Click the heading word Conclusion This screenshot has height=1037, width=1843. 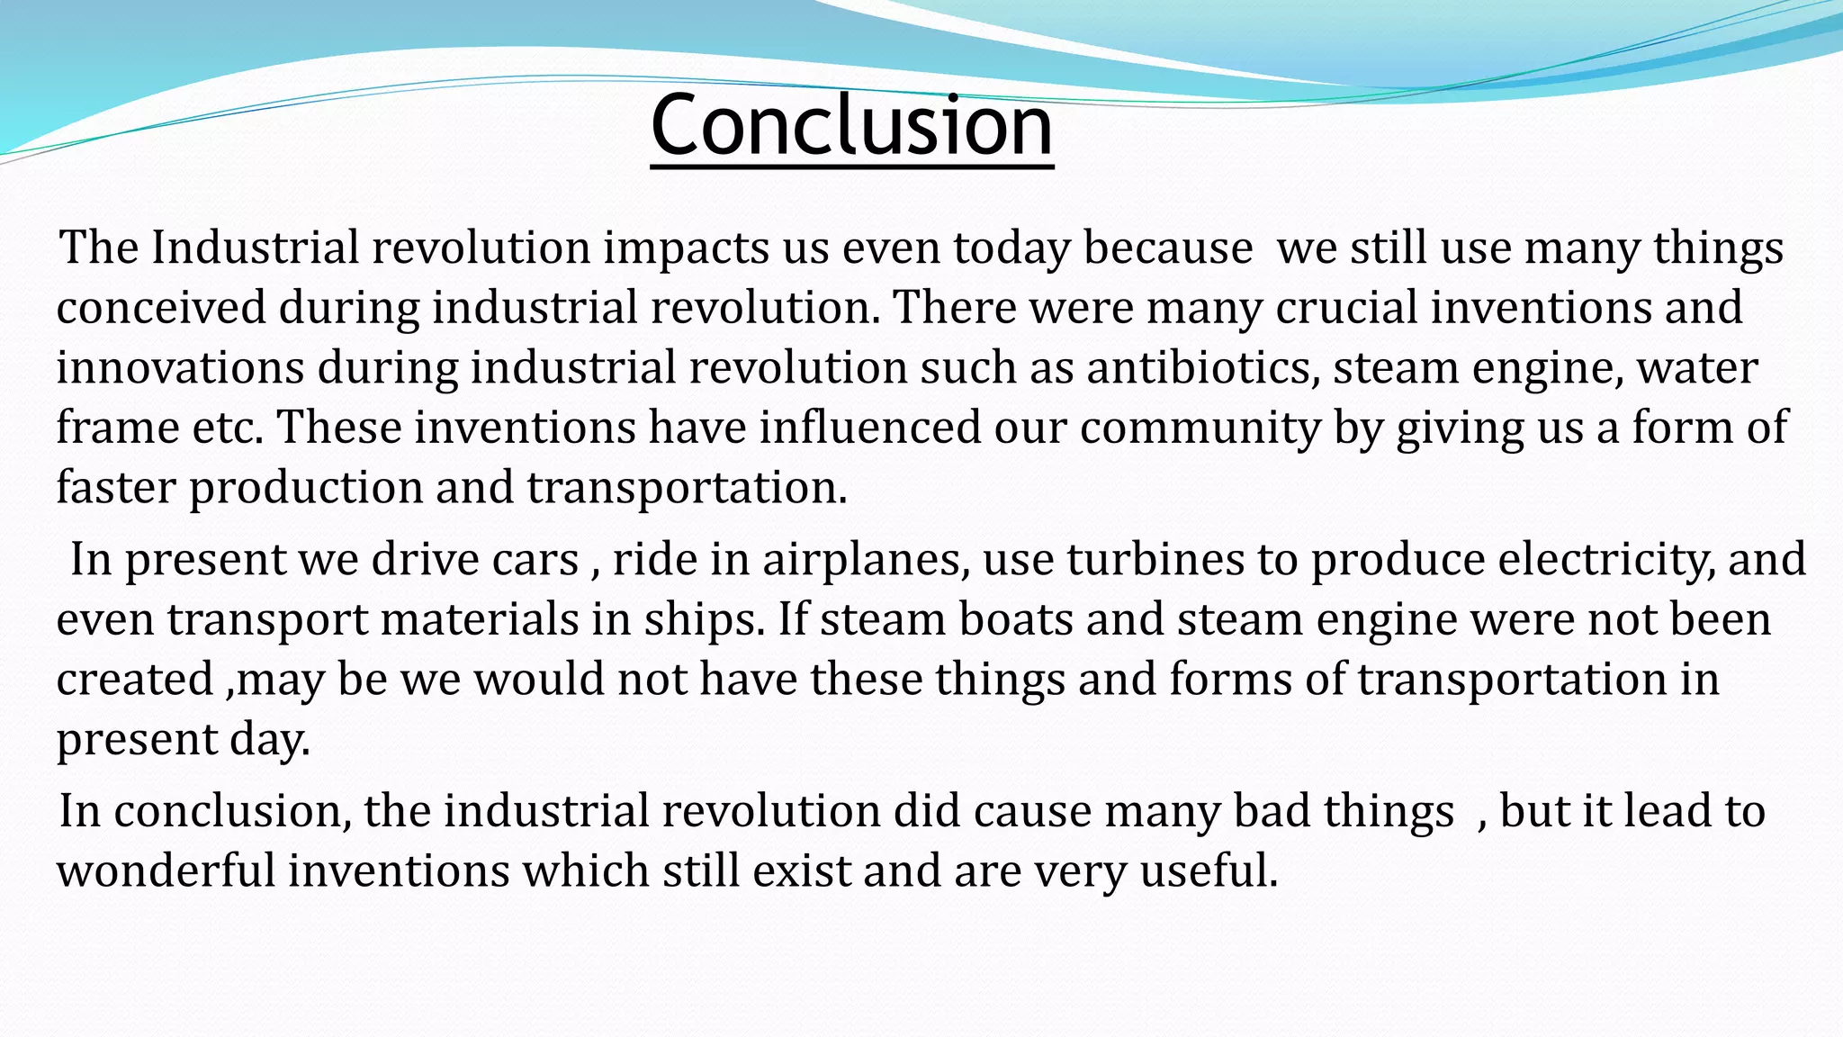point(851,125)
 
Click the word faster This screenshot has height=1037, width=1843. point(116,488)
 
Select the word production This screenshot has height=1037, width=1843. point(306,488)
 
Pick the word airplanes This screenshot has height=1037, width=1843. point(866,560)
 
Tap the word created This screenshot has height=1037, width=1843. point(134,680)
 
